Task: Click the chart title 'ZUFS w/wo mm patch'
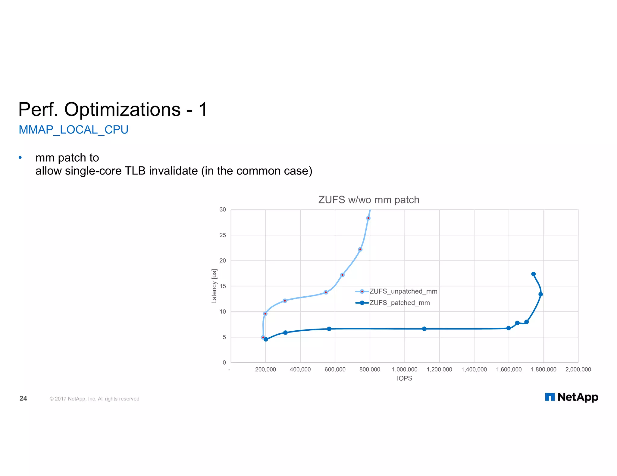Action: click(368, 200)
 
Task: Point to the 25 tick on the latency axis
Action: click(223, 235)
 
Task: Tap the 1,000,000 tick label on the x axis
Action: click(404, 369)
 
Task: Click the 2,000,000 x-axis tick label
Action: click(578, 369)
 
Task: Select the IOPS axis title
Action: click(404, 379)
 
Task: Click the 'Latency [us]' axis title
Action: click(214, 286)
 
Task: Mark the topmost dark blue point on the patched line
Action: click(533, 274)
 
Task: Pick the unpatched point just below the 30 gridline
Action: click(368, 218)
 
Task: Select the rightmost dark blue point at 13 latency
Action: click(540, 294)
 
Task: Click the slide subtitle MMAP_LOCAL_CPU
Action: click(74, 130)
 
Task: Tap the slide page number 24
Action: click(23, 398)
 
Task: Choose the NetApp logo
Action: click(571, 397)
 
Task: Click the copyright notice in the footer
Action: click(94, 399)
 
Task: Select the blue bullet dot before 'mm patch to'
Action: click(20, 157)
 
